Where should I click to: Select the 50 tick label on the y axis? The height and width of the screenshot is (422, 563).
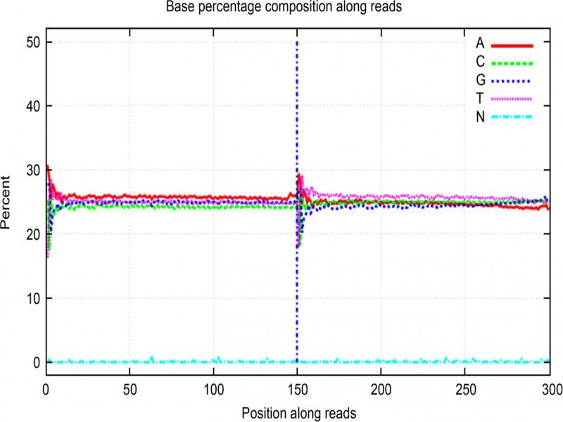pos(32,42)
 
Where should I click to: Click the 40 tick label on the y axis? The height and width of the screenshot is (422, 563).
pos(32,106)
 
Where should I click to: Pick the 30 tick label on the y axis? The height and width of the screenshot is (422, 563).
pos(32,170)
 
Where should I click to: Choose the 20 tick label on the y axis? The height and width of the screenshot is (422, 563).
pos(32,234)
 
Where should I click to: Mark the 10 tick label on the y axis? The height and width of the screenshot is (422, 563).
pos(32,298)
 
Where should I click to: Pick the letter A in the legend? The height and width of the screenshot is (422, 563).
pos(481,44)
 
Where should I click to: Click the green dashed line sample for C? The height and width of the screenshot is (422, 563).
pos(513,62)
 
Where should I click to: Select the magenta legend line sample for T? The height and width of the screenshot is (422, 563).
pos(513,98)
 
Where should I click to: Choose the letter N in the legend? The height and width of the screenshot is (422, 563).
pos(481,117)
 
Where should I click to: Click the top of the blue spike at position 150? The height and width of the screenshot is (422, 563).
pos(297,44)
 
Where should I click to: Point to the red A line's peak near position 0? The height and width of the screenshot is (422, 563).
pos(47,167)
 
